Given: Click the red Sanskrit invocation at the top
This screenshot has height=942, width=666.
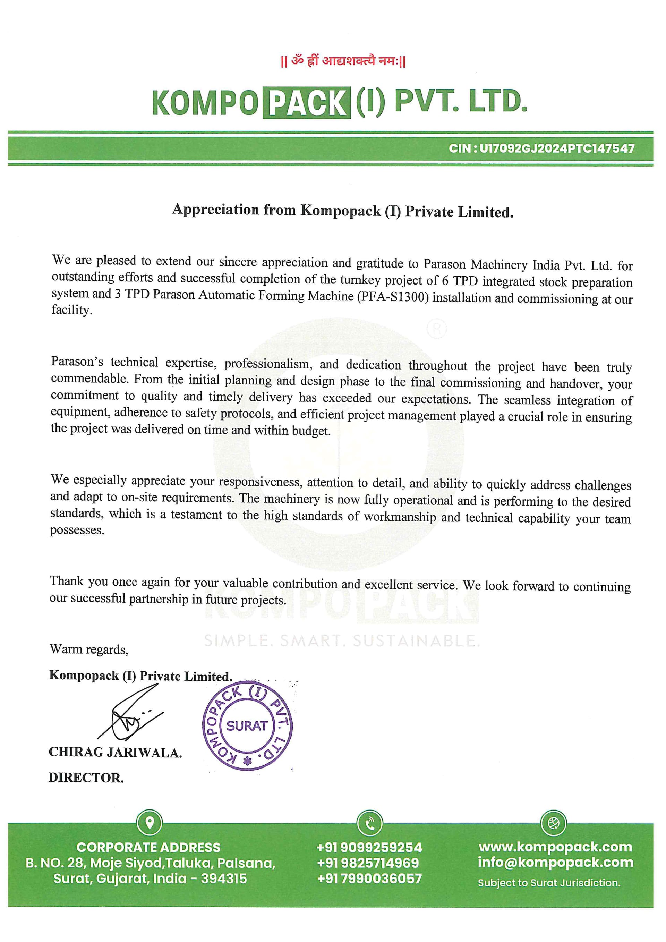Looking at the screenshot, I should [x=343, y=61].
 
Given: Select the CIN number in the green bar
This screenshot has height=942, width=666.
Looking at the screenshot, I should [x=541, y=148].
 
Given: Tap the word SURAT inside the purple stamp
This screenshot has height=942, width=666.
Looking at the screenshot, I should [x=247, y=726].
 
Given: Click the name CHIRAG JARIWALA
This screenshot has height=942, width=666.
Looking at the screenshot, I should [x=115, y=753].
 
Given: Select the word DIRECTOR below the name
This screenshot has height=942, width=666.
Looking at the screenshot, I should [x=86, y=778].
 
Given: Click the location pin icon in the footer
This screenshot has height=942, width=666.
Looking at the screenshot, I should [x=149, y=823].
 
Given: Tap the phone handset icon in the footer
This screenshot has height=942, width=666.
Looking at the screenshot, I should [x=369, y=823].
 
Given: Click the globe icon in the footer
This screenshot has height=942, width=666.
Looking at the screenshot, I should [x=554, y=823].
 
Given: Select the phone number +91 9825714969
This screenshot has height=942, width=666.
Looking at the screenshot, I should [x=368, y=863].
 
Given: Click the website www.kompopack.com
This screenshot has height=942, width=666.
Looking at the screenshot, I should [x=555, y=847].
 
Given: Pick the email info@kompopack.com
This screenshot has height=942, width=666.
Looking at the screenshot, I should [x=555, y=863].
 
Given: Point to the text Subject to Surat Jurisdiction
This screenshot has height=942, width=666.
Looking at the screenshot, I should [x=549, y=883].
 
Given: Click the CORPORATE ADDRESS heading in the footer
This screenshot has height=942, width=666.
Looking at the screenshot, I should [x=148, y=847].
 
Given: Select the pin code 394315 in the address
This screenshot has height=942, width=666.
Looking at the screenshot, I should [x=224, y=879].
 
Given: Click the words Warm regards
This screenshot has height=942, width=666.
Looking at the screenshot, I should [x=89, y=650].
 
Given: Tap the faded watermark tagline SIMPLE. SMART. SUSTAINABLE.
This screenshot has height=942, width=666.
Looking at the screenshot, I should [x=342, y=640].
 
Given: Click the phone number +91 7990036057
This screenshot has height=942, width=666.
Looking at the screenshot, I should [x=369, y=879].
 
